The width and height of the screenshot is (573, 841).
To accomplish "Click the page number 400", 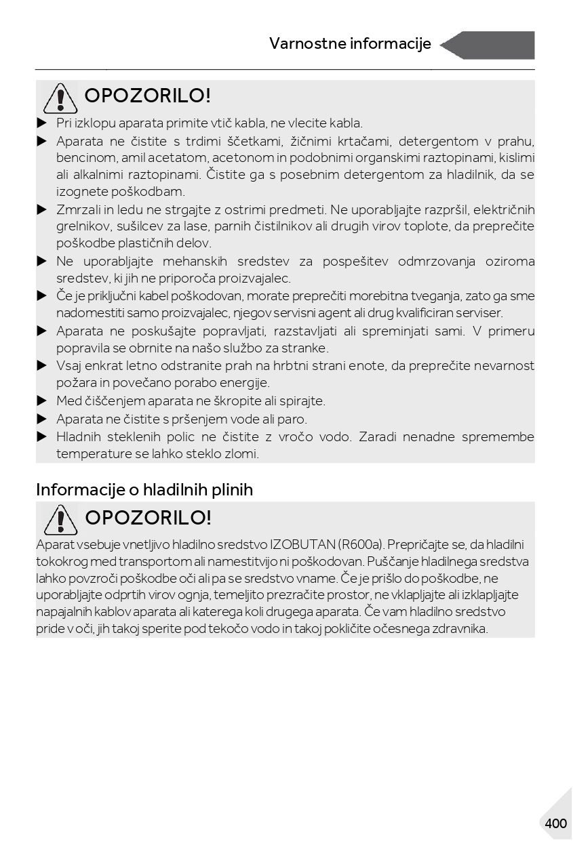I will tap(555, 823).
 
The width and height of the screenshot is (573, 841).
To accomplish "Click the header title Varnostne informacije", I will tap(350, 44).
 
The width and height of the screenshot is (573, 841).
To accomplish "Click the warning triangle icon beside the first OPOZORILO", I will tap(60, 98).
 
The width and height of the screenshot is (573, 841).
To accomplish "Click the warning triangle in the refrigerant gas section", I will tap(60, 520).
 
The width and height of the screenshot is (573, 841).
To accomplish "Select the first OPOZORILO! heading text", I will tap(148, 96).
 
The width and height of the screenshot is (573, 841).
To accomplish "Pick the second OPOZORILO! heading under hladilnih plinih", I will tap(148, 518).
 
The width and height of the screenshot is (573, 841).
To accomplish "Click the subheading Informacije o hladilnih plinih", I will tap(144, 489).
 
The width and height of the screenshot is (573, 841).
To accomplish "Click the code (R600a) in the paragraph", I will tap(361, 545).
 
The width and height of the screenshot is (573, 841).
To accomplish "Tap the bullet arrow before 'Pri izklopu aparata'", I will tap(41, 123).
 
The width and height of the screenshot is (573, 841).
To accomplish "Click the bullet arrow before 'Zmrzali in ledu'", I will tap(41, 209).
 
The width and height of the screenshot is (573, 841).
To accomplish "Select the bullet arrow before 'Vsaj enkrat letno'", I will tap(41, 365).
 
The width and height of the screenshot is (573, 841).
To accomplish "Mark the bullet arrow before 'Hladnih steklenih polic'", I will tap(41, 436).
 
